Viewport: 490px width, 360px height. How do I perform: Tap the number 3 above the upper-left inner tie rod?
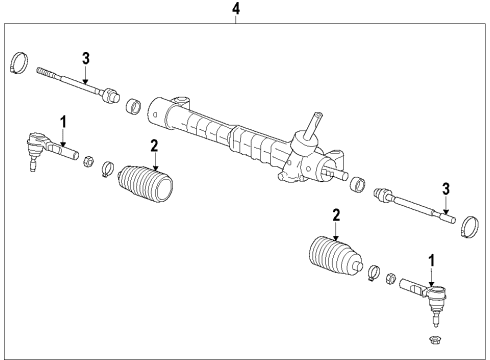(x=87, y=57)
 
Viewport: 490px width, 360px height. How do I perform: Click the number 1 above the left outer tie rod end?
(x=62, y=122)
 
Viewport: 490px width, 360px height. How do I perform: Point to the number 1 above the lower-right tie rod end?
(x=431, y=261)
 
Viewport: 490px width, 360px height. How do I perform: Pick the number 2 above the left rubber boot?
(x=154, y=145)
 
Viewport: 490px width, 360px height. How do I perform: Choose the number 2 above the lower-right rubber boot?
(x=336, y=215)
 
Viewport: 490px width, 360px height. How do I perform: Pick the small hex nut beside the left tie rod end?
(x=88, y=160)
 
